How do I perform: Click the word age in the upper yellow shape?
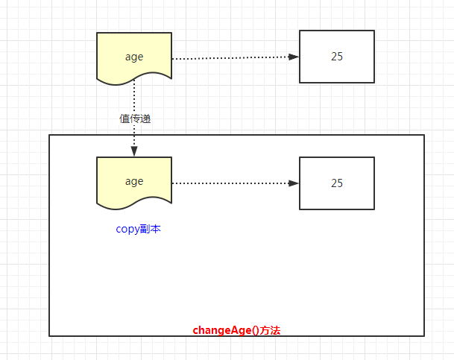point(134,57)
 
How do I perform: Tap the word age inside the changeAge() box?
point(134,182)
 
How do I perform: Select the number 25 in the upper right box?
point(337,57)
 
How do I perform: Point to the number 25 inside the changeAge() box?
point(337,183)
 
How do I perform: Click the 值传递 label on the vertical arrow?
point(135,119)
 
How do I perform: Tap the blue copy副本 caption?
point(138,230)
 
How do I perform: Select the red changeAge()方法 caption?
point(236,330)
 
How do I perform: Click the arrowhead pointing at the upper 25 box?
point(294,57)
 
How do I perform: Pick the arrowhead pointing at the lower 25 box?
point(294,183)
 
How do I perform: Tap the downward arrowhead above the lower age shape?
point(134,151)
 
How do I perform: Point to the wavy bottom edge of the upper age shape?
point(134,79)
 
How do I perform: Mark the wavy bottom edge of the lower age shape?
point(134,203)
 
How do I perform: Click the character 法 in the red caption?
point(275,330)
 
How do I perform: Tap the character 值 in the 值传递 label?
point(124,119)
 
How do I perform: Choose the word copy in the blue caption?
point(127,230)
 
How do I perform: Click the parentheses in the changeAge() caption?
point(256,330)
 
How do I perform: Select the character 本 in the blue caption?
point(156,229)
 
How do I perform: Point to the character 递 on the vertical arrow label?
point(145,119)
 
